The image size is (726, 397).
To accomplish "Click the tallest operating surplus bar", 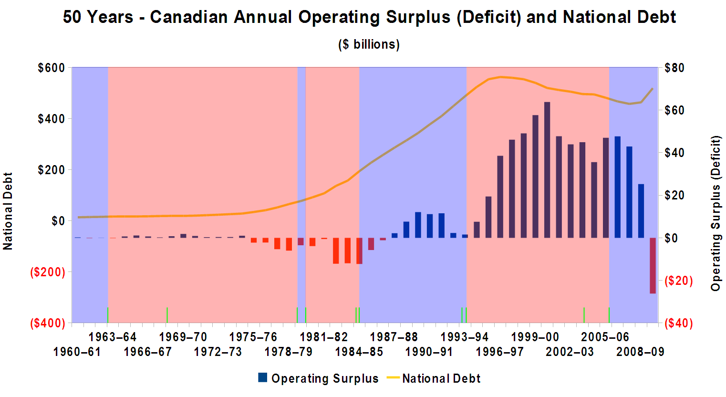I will click(x=547, y=169).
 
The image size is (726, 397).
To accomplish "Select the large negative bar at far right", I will click(x=653, y=265).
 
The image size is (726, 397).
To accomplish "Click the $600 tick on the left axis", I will click(x=52, y=68).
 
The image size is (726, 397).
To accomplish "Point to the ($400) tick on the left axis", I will click(x=48, y=323).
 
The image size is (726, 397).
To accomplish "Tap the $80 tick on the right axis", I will click(x=674, y=68).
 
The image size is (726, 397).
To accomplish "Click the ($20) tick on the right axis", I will click(x=678, y=281).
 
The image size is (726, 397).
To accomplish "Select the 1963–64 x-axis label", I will click(x=113, y=337).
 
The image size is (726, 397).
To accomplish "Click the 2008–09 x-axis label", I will click(x=640, y=352).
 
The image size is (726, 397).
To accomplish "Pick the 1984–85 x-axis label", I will click(x=359, y=352).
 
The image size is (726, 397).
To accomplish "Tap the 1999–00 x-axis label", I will click(x=535, y=337).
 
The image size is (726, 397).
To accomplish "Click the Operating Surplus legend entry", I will click(x=318, y=378).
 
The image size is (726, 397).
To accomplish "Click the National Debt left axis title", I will click(x=8, y=211).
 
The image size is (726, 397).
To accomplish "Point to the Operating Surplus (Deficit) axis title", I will click(x=716, y=213).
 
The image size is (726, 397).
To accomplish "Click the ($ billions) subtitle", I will click(x=369, y=44).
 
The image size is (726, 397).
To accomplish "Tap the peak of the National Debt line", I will click(x=500, y=77).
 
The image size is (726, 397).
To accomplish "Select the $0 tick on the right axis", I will click(x=674, y=238).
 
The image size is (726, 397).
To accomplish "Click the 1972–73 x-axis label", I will click(x=218, y=352).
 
